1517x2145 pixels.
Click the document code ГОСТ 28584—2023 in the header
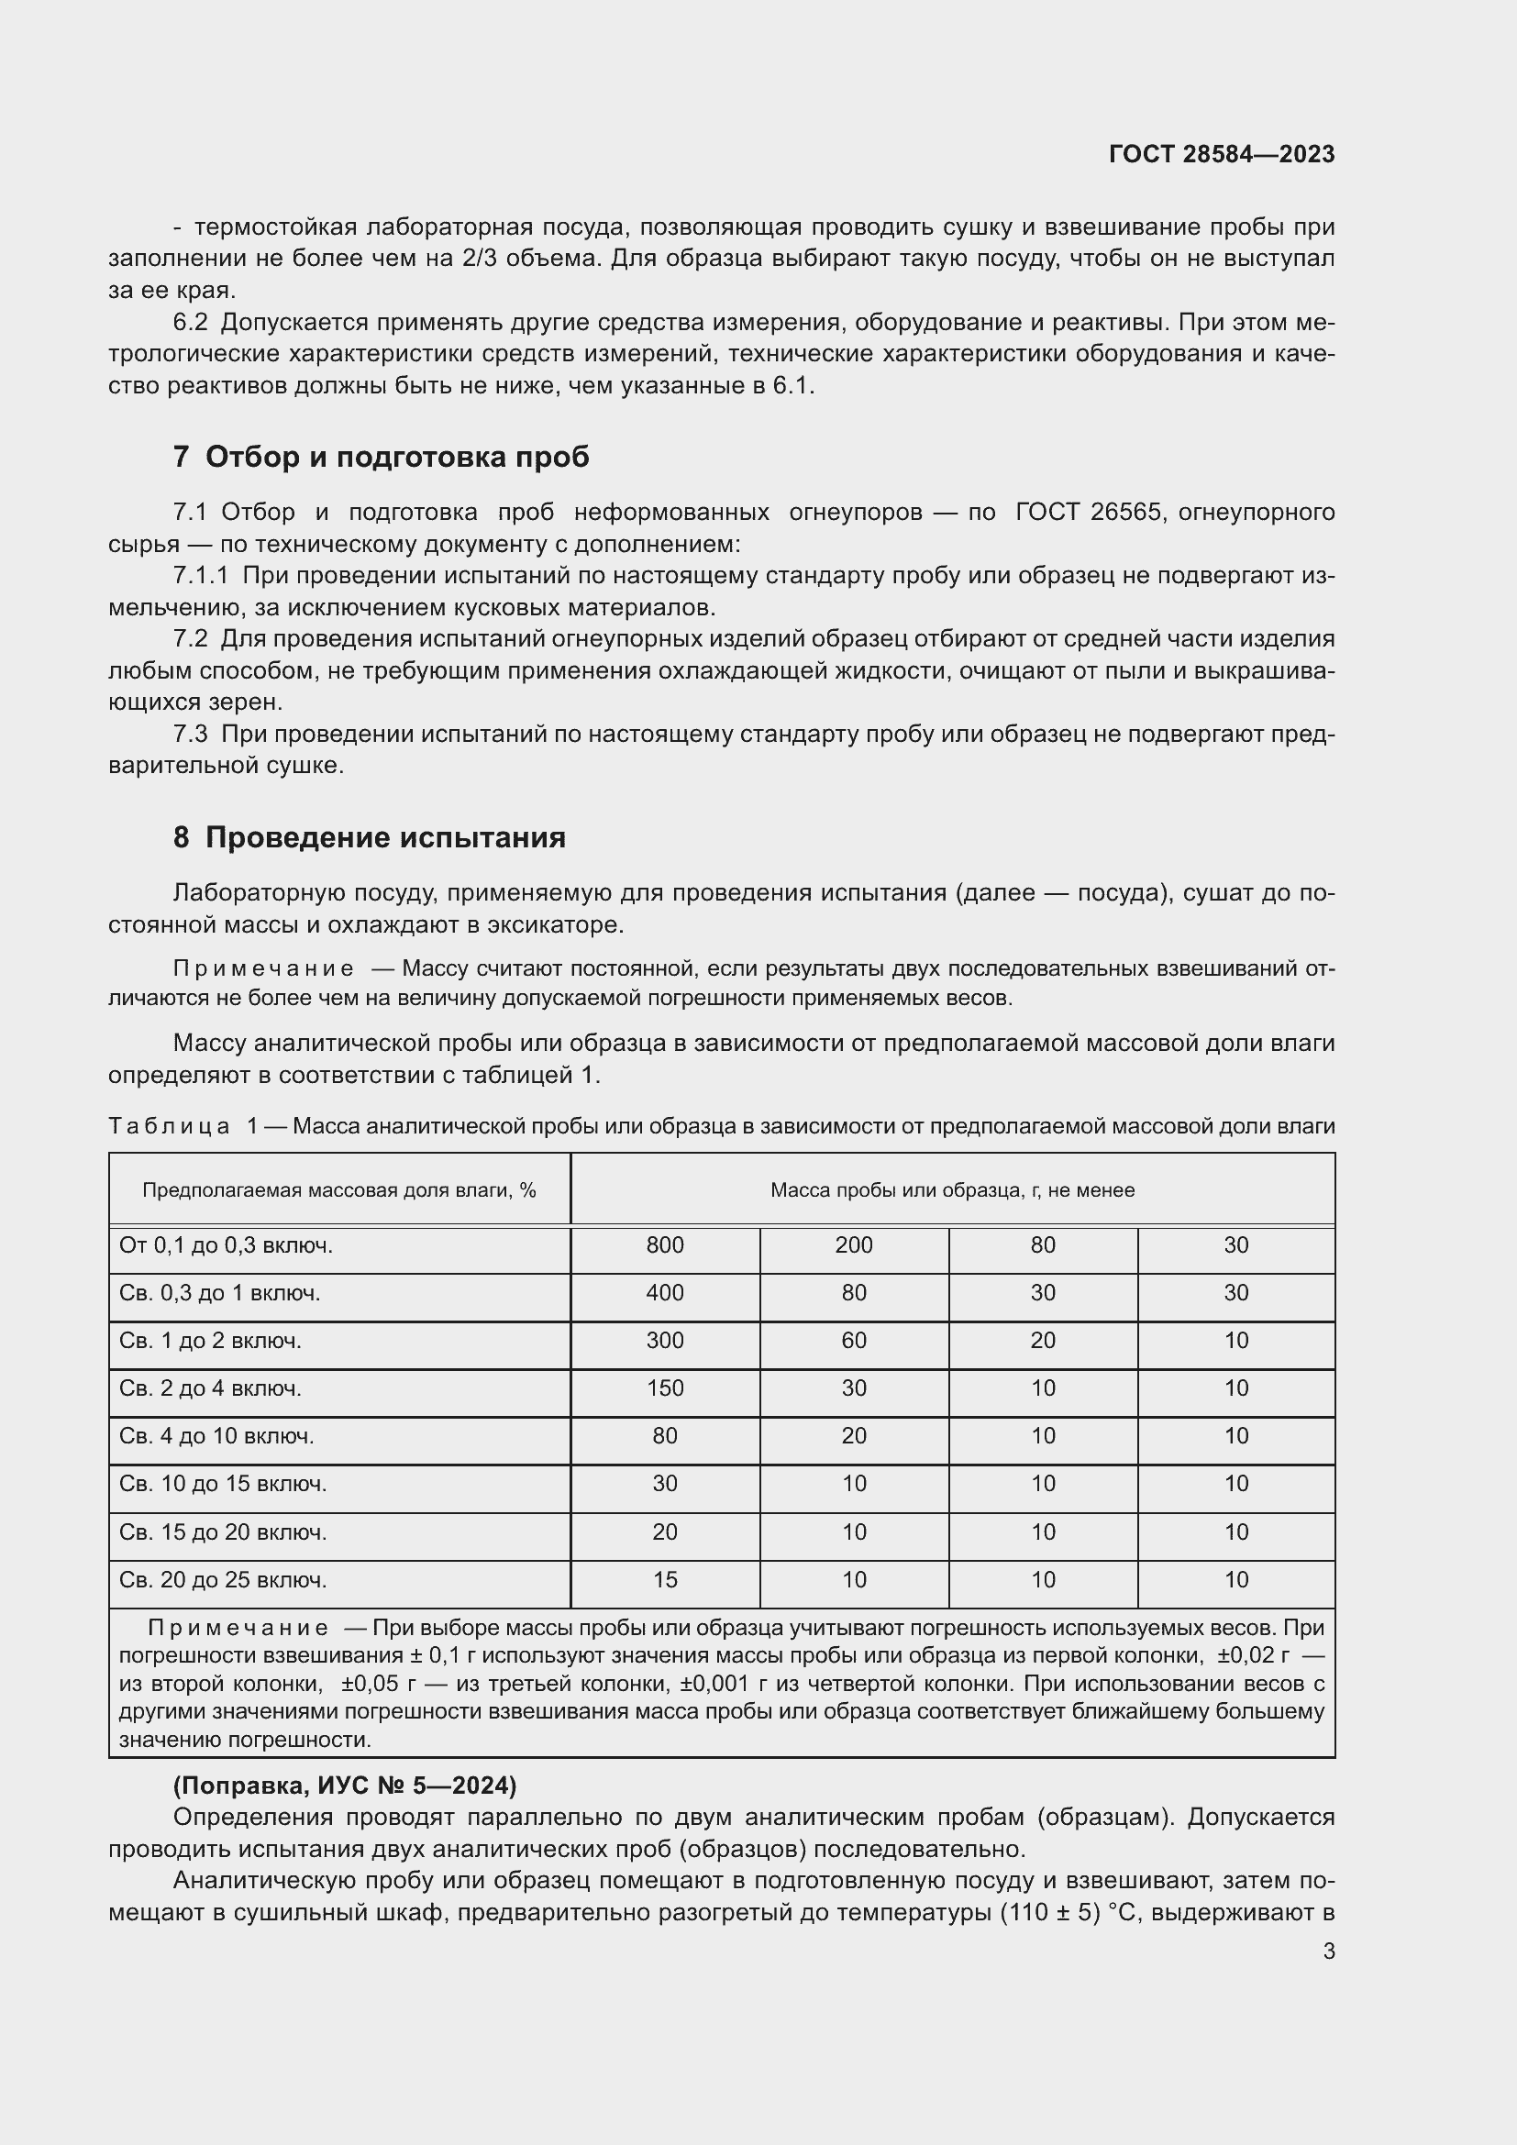coord(1221,154)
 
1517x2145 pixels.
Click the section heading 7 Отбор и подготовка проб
coord(382,457)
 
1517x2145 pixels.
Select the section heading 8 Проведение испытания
coord(369,837)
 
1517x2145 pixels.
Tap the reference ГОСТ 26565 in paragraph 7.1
coord(1089,512)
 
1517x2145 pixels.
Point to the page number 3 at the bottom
coord(1328,1951)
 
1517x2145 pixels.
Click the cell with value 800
coord(664,1245)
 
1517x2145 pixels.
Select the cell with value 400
coord(664,1293)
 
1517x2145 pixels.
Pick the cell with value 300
coord(664,1341)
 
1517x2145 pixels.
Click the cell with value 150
coord(664,1388)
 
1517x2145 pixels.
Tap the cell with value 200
coord(854,1245)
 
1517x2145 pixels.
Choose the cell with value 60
coord(854,1341)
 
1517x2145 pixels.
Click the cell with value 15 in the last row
coord(664,1580)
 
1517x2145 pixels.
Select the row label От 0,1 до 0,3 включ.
coord(226,1245)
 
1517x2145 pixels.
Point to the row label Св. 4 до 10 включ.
coord(216,1436)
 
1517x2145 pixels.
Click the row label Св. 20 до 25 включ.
coord(223,1580)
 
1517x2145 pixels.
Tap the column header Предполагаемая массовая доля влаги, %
coord(339,1190)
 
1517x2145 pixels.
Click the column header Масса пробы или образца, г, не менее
coord(952,1190)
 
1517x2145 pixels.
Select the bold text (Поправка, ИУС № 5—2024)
coord(345,1786)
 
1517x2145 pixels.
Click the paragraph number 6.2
coord(191,322)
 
